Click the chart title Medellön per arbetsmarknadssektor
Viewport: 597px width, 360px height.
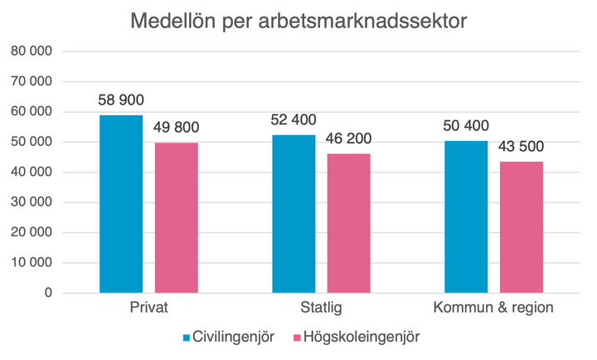(298, 22)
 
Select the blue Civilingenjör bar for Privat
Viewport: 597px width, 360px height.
(121, 204)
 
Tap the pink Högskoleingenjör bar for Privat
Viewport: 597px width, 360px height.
(177, 217)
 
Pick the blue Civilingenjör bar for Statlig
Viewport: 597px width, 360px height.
(293, 214)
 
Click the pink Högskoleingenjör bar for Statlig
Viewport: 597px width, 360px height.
(348, 223)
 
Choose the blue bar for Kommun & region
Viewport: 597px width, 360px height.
(466, 217)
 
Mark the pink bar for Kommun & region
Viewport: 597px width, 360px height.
(522, 227)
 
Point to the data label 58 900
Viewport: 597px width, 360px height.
(121, 100)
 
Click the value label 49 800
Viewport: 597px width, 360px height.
(177, 129)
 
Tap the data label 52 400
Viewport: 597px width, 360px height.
(293, 120)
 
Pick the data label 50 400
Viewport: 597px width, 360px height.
(466, 126)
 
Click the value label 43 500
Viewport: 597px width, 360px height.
(522, 148)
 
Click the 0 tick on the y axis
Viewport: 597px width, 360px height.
(49, 293)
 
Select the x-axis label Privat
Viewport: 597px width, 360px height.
(149, 309)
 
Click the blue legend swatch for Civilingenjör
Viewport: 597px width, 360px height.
(187, 338)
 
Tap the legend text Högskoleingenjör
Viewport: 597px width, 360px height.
(361, 338)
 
